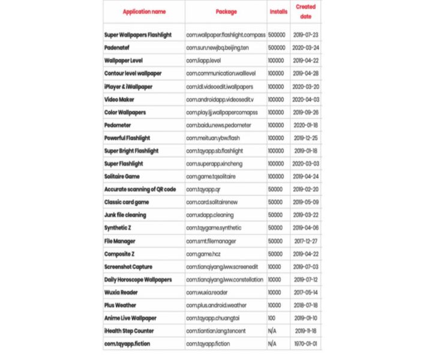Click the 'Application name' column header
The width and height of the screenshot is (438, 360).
click(x=144, y=11)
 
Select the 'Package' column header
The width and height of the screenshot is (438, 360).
click(x=226, y=11)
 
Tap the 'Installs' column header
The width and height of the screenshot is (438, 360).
click(x=278, y=11)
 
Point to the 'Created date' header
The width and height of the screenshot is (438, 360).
click(x=305, y=11)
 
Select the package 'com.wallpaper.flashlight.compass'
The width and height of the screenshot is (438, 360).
click(x=226, y=35)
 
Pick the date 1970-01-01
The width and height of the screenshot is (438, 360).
click(x=306, y=344)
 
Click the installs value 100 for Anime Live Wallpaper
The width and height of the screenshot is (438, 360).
click(x=273, y=318)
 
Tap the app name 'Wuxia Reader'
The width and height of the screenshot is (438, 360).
click(x=121, y=292)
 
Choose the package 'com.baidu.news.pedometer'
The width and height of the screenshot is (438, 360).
click(x=218, y=125)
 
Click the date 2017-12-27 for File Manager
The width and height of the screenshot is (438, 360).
click(x=306, y=241)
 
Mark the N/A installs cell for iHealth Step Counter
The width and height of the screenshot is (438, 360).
click(x=272, y=331)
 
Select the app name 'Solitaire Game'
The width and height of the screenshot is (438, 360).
click(x=122, y=176)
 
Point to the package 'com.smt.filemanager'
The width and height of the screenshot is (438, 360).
click(x=211, y=241)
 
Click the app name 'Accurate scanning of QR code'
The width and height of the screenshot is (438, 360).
click(x=140, y=189)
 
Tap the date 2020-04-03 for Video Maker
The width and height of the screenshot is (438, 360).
click(x=306, y=99)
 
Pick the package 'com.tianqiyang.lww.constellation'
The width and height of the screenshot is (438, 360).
click(x=224, y=280)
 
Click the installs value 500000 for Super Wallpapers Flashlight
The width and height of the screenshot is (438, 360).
click(x=276, y=35)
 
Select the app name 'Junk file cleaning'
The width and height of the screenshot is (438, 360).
click(x=125, y=215)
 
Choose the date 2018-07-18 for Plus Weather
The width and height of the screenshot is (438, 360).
click(x=306, y=305)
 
